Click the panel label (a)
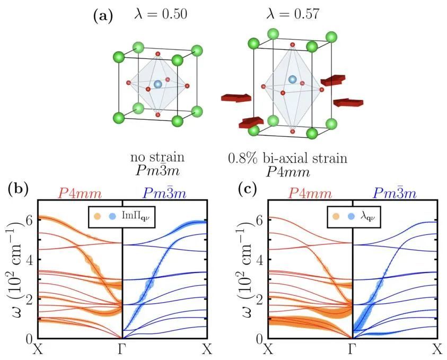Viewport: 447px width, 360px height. [x=103, y=15]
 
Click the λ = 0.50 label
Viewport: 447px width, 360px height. [x=161, y=14]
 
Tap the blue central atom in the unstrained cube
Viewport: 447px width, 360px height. [x=157, y=84]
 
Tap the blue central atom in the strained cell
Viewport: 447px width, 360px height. [x=292, y=80]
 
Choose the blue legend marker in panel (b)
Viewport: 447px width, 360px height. [x=112, y=216]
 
